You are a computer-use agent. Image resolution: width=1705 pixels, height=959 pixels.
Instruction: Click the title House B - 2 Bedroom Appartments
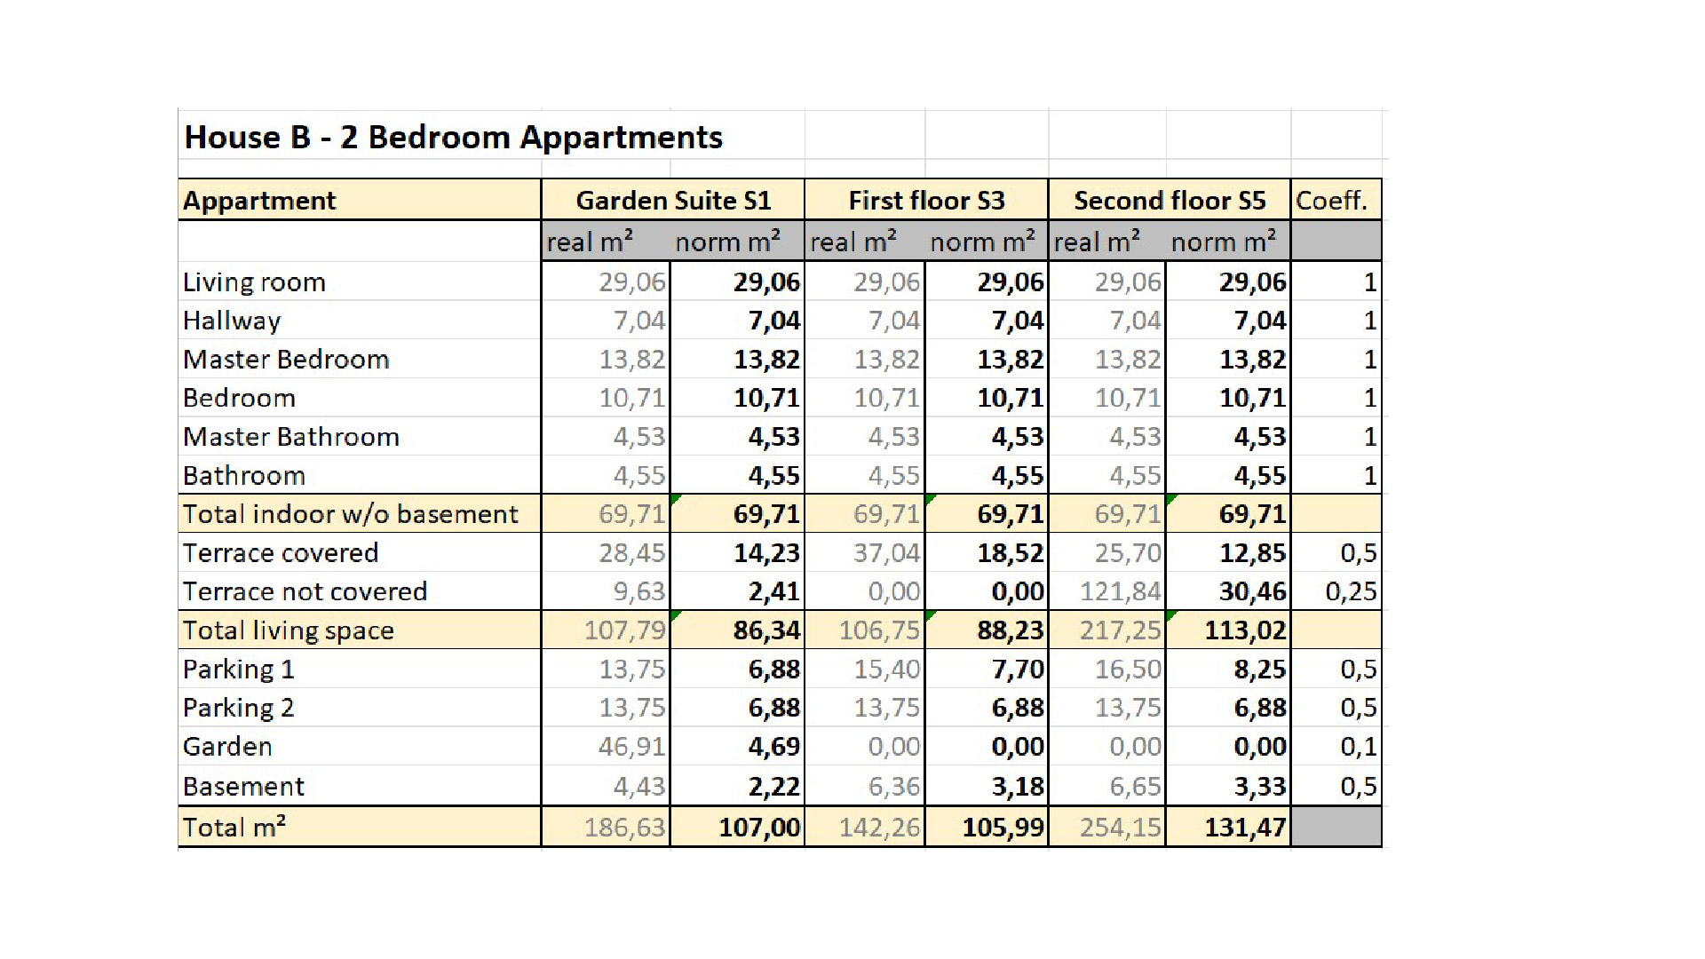453,138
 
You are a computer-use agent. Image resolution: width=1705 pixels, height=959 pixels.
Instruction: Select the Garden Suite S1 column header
673,201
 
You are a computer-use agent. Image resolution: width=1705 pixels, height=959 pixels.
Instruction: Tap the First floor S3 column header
926,201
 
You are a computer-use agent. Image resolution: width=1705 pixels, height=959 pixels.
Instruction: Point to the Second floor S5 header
1170,201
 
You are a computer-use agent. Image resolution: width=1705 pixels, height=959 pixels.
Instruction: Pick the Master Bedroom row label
286,360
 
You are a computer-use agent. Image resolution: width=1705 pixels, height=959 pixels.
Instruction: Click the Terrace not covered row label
305,591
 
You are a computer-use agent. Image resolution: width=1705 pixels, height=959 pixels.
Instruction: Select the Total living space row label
288,630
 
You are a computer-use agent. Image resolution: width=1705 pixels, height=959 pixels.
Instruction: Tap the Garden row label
227,747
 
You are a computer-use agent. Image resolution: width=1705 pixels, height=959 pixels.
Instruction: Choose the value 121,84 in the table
1120,591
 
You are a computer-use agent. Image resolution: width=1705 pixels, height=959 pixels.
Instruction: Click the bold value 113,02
1245,630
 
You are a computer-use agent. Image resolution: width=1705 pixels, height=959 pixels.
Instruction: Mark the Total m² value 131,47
1245,828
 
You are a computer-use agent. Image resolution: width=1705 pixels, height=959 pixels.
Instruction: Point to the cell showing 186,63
624,828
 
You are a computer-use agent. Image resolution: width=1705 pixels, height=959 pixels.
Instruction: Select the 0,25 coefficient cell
1351,591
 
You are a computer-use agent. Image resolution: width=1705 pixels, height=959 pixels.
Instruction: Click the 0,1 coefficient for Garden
1359,747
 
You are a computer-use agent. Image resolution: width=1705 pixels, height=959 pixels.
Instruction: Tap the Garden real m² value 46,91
631,747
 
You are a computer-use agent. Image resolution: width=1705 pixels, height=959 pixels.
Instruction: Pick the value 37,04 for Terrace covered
886,553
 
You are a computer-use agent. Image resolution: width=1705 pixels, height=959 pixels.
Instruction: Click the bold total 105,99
1003,828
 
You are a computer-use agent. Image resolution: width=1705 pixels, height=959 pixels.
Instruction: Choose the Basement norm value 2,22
773,787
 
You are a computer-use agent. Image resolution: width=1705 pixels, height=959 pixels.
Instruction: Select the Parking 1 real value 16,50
1128,670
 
